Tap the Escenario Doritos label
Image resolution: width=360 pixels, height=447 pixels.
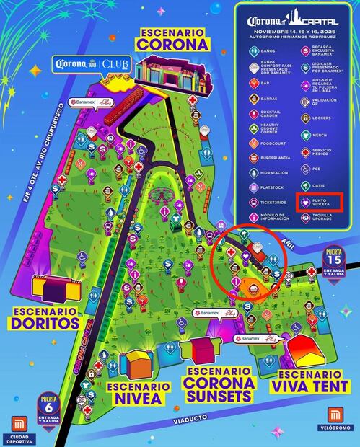[x=45, y=317]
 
